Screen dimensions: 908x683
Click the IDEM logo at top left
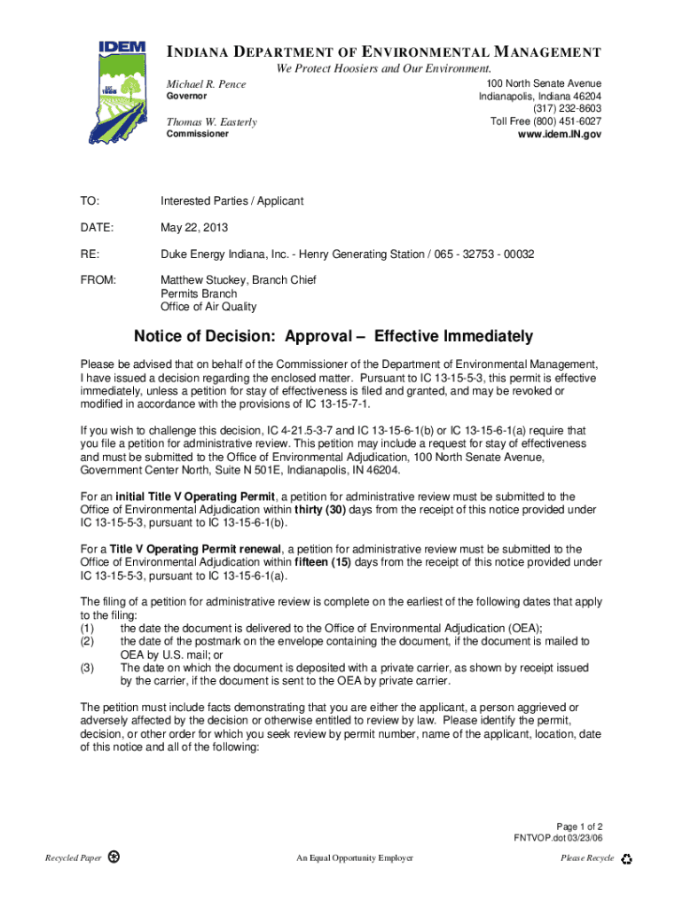tap(118, 91)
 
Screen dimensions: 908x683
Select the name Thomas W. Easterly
tap(213, 121)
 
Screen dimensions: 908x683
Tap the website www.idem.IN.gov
tap(560, 134)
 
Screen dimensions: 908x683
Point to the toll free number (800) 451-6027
tap(546, 121)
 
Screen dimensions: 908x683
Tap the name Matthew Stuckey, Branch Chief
tap(239, 280)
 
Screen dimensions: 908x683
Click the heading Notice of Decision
tap(334, 336)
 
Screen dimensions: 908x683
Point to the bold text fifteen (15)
tap(324, 562)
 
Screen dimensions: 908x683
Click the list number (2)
tap(88, 641)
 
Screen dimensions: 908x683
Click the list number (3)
tap(88, 668)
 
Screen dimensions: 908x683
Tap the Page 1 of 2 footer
tap(579, 826)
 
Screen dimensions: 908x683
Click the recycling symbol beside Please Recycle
tap(627, 859)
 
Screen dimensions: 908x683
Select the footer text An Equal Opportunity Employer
tap(355, 858)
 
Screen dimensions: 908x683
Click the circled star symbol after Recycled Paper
tap(114, 857)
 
